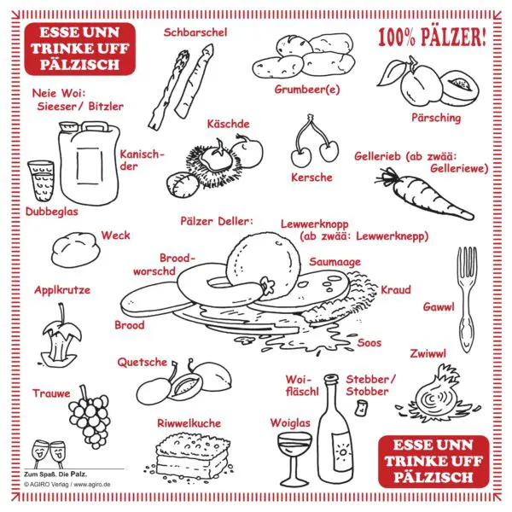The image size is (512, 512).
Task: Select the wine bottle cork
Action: coord(362,408)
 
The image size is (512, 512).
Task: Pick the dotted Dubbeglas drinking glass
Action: coord(41,181)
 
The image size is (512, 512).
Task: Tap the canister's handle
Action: coord(95,126)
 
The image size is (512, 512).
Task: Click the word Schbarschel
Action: coord(195,32)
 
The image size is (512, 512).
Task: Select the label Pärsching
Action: coord(436,118)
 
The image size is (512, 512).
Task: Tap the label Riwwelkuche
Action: coord(189,423)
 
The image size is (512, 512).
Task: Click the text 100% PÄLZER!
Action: coord(432,37)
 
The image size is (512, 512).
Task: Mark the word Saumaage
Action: coord(335,262)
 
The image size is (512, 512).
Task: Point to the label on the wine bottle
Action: coord(342,451)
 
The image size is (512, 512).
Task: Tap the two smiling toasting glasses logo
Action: coord(49,454)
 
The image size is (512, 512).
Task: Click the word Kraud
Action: coord(396,289)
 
